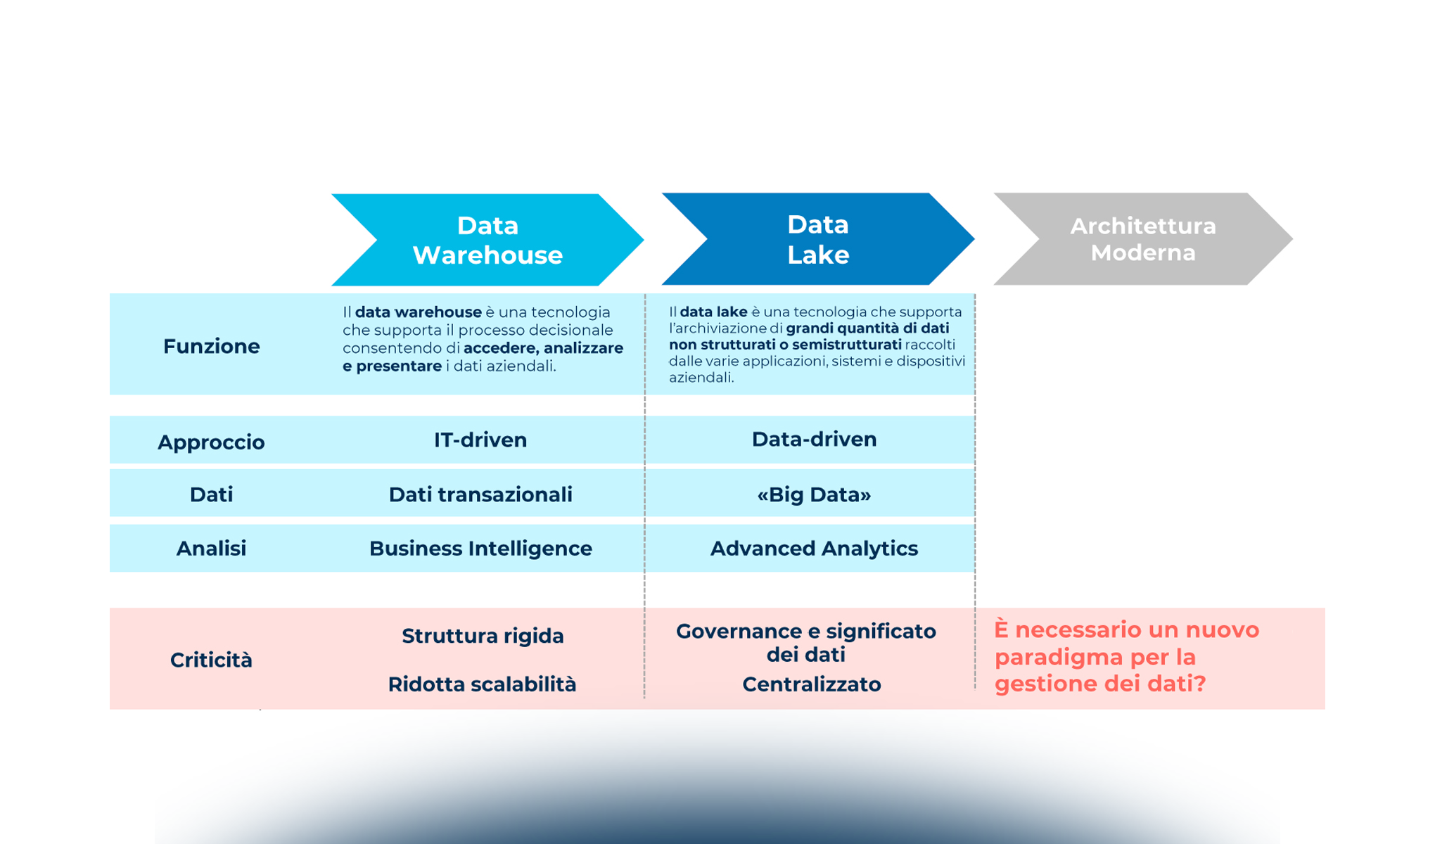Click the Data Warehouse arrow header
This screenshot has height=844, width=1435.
(x=487, y=240)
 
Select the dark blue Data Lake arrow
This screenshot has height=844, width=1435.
(x=817, y=239)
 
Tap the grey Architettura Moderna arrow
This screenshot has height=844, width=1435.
(x=1142, y=239)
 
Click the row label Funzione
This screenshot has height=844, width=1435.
(x=211, y=346)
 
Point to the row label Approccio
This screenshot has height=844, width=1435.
(x=211, y=442)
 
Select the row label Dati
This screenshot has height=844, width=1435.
(x=211, y=494)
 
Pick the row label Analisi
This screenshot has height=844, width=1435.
(x=211, y=549)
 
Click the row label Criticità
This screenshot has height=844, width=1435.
(x=211, y=660)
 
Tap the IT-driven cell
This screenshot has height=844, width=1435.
(x=480, y=440)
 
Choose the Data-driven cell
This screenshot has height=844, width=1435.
(x=814, y=440)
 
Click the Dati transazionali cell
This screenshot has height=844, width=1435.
(x=480, y=494)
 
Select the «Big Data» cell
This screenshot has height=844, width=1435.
(x=814, y=494)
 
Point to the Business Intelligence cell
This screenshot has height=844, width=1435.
(x=480, y=549)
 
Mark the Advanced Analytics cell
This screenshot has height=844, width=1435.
(x=814, y=549)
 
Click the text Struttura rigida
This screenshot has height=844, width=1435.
(x=483, y=636)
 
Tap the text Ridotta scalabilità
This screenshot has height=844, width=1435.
(x=482, y=684)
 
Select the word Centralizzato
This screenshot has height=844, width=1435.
(x=811, y=684)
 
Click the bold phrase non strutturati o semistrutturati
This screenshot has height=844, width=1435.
(x=785, y=345)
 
